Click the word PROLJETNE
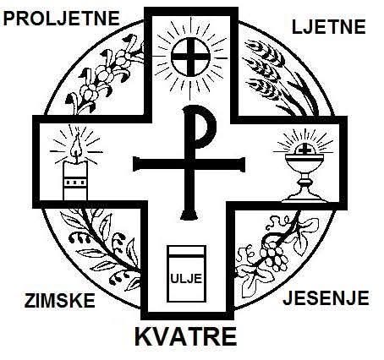61,19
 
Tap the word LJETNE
328,27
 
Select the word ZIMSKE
59,300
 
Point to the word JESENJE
326,297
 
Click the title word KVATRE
185,336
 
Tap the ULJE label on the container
186,278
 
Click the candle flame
75,146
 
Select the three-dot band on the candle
74,182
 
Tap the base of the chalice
304,197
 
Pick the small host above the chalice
304,150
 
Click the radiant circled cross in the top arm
191,57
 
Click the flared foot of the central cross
189,215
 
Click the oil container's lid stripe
186,255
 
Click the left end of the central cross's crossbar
136,165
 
